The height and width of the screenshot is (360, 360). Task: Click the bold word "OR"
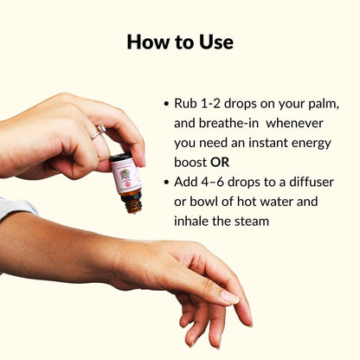[x=220, y=163]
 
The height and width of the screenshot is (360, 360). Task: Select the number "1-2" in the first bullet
[x=209, y=104]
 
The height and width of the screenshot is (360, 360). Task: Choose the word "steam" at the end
[x=252, y=222]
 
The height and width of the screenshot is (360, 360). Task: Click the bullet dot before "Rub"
[x=166, y=104]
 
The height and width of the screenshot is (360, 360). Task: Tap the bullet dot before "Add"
[x=166, y=183]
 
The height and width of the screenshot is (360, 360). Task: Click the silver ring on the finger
[x=99, y=132]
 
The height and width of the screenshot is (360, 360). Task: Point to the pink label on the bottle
[x=125, y=177]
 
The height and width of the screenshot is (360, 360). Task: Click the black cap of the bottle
[x=121, y=157]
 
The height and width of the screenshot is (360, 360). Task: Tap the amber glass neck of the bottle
[x=132, y=203]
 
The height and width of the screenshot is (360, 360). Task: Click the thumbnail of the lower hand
[x=229, y=298]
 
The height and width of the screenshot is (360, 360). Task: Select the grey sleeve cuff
[x=16, y=207]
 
